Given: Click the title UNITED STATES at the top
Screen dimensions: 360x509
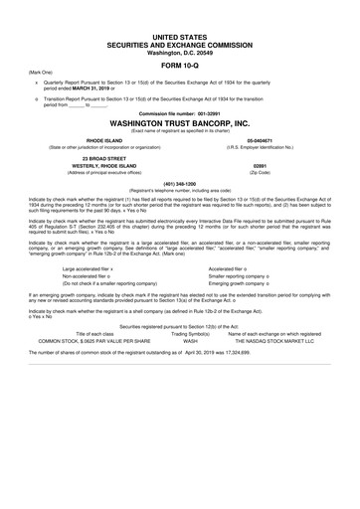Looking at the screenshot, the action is tap(180, 7).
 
